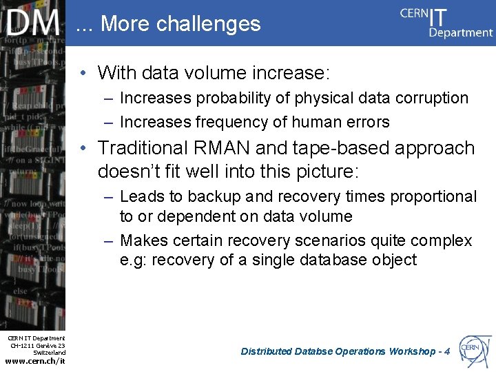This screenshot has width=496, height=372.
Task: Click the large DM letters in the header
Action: (33, 23)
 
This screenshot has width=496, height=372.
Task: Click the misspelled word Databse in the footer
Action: (314, 351)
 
